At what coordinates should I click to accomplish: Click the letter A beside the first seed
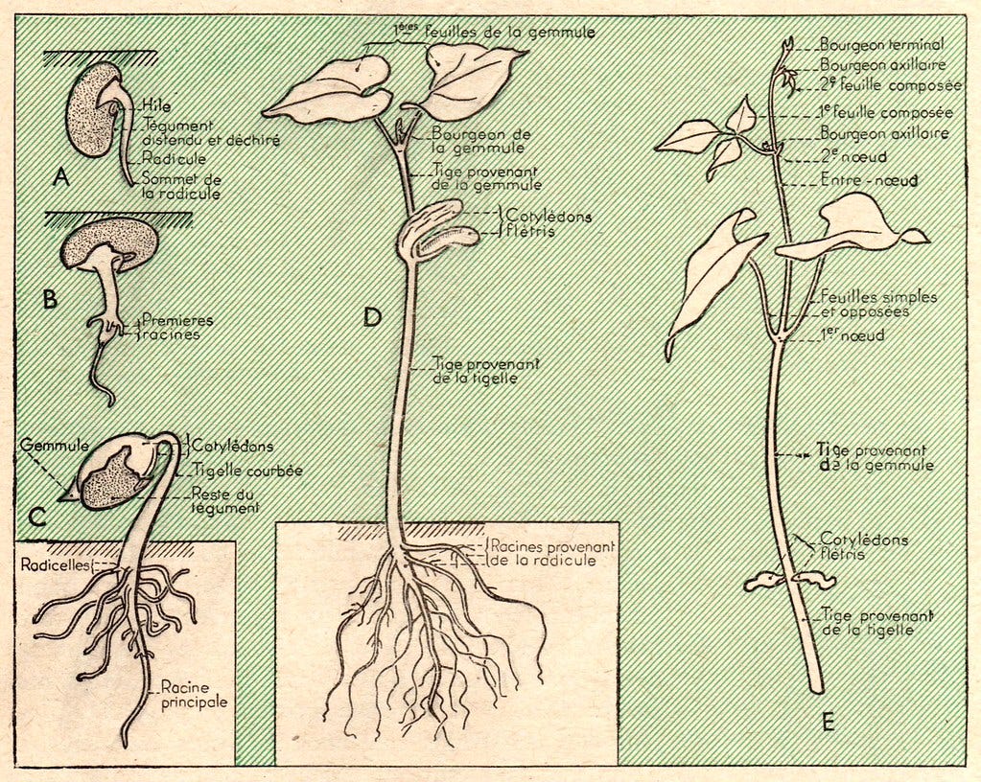(62, 178)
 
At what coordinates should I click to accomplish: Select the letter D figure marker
(373, 316)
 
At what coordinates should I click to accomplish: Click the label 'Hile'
(154, 106)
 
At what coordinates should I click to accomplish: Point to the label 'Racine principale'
(194, 694)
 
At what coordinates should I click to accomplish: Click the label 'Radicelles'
(54, 564)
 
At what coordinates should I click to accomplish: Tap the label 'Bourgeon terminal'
(881, 44)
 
